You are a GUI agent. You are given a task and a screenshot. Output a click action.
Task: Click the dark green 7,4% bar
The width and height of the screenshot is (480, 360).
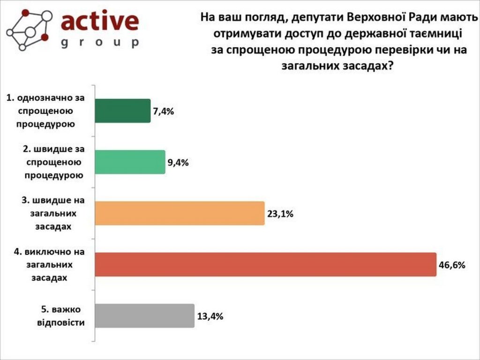[x=122, y=111]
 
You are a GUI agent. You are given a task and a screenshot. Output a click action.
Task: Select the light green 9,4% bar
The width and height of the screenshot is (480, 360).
[x=130, y=162]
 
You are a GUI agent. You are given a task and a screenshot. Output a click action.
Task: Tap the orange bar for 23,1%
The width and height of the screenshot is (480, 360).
[x=180, y=214]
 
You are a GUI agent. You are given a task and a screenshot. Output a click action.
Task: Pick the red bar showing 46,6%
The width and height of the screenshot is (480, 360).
[x=265, y=264]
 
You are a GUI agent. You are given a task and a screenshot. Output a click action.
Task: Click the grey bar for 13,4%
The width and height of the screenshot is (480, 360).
[x=144, y=315]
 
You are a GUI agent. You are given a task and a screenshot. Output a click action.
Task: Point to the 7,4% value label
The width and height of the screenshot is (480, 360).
[x=163, y=112]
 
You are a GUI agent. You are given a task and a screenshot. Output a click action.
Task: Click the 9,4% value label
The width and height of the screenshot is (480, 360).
[x=178, y=163]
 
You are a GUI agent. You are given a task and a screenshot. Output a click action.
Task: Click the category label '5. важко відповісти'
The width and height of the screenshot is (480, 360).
[x=61, y=316]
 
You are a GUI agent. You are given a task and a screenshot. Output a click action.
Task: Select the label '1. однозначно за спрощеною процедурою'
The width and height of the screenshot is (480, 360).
[x=46, y=111]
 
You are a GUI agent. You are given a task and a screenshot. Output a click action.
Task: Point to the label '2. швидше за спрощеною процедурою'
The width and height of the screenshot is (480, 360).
[x=53, y=162]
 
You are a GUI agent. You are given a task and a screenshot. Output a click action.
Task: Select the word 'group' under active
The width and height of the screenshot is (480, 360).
[x=100, y=43]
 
